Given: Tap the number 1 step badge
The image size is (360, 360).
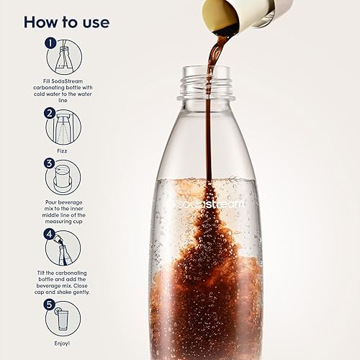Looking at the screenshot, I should pos(50,43).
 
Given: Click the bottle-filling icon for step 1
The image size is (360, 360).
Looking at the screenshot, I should pos(65,58).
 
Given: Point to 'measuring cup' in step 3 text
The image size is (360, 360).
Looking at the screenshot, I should pos(63,220).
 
